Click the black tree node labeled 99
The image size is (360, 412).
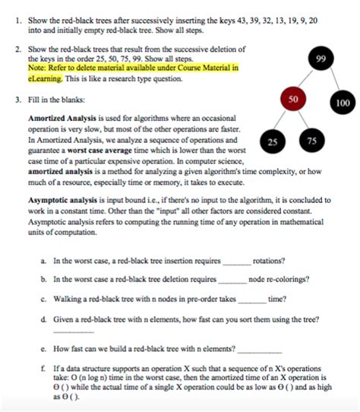point(322,59)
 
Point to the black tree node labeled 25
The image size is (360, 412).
point(273,141)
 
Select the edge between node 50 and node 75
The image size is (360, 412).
point(302,119)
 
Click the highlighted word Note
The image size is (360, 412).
point(36,68)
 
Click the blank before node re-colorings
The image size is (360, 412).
point(232,280)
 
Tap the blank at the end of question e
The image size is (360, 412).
point(260,351)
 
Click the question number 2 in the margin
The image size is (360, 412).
point(17,48)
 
